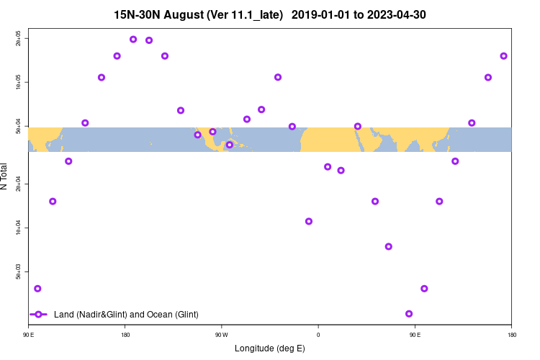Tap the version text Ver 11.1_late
[x=246, y=14]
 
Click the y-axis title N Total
[x=5, y=176]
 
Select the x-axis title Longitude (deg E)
[x=270, y=348]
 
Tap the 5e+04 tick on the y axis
[x=19, y=126]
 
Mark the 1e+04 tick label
[x=19, y=228]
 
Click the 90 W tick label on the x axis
[x=220, y=334]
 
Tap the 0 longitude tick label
[x=318, y=334]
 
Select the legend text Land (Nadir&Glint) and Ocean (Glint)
[x=126, y=314]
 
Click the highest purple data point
[x=133, y=39]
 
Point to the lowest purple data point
[x=409, y=314]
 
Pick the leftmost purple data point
[x=37, y=289]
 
